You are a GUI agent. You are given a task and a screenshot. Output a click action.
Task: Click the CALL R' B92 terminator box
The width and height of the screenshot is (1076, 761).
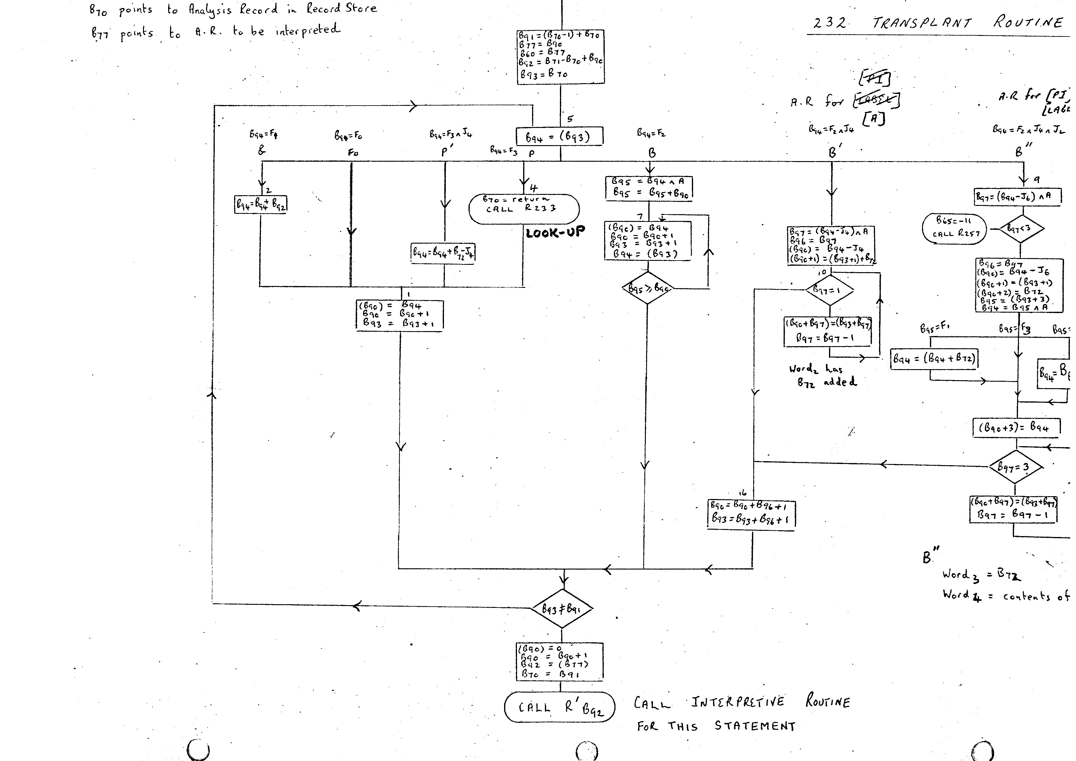click(560, 707)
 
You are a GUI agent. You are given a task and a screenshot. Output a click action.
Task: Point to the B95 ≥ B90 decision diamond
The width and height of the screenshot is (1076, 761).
click(648, 288)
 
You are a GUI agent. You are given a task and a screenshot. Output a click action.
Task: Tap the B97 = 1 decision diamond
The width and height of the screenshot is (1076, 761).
click(830, 290)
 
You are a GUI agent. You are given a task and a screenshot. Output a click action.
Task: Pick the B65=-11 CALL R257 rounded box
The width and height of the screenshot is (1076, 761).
click(954, 227)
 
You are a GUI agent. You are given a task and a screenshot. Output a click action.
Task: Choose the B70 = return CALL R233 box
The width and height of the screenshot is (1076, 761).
click(524, 209)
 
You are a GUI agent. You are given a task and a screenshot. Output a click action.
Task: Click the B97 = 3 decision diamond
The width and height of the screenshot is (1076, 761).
click(1016, 467)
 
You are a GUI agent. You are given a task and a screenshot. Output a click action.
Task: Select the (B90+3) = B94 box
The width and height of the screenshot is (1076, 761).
click(1016, 428)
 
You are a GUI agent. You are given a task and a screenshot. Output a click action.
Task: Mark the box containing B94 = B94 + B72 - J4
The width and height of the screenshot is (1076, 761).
click(443, 253)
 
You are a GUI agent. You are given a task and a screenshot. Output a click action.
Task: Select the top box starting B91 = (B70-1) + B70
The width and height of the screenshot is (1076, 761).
click(561, 57)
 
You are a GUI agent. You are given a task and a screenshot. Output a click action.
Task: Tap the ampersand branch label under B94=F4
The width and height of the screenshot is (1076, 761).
click(261, 150)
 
